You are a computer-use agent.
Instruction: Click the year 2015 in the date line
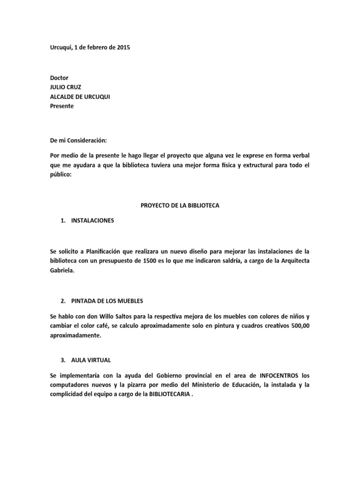123,47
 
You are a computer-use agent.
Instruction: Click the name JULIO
59,87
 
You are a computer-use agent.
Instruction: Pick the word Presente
62,106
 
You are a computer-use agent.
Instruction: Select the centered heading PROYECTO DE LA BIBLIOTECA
180,205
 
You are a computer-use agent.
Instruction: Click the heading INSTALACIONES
92,220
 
